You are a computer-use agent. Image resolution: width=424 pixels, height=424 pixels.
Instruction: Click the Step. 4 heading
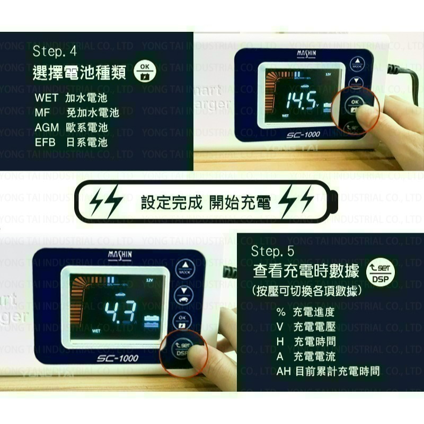pos(55,51)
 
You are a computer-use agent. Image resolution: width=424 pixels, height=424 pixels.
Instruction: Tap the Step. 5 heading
pos(272,251)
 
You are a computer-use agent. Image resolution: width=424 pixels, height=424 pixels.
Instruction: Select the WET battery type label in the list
pos(46,98)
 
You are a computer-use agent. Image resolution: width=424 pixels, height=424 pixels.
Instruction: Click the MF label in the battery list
pos(42,113)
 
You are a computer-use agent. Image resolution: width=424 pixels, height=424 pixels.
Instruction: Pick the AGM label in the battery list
pos(47,128)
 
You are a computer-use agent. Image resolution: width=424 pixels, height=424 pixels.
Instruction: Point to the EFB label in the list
pos(46,142)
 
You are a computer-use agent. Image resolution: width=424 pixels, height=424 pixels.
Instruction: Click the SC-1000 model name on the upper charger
pos(304,135)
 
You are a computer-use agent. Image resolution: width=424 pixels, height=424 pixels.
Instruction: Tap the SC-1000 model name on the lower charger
pos(117,358)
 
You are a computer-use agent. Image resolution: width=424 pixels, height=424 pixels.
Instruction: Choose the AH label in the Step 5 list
pos(284,371)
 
